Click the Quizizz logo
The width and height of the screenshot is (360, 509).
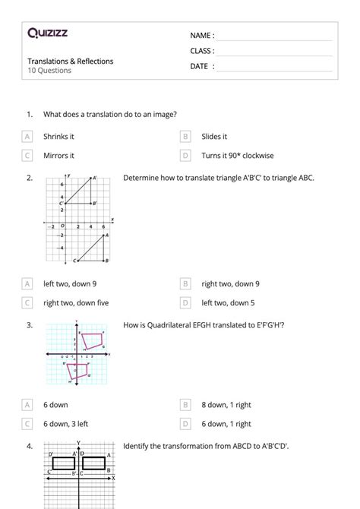coord(47,33)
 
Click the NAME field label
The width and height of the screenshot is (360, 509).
coord(202,36)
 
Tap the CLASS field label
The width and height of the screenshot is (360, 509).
coord(203,51)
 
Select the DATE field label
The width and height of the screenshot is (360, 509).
coord(202,66)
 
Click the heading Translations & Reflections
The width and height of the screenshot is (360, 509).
coord(71,61)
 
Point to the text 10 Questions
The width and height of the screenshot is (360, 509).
coord(49,71)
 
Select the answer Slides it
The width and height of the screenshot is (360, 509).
coord(214,137)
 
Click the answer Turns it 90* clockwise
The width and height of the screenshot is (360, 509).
coord(238,156)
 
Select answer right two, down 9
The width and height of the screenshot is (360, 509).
coord(230,283)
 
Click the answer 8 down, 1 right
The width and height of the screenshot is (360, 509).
coord(226,405)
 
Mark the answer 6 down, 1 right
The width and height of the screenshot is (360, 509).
coord(226,424)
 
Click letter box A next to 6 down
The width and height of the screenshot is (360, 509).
coord(28,405)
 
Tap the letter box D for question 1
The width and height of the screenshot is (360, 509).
coord(185,156)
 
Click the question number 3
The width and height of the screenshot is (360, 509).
coord(29,325)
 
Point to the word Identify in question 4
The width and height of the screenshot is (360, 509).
coord(136,446)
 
